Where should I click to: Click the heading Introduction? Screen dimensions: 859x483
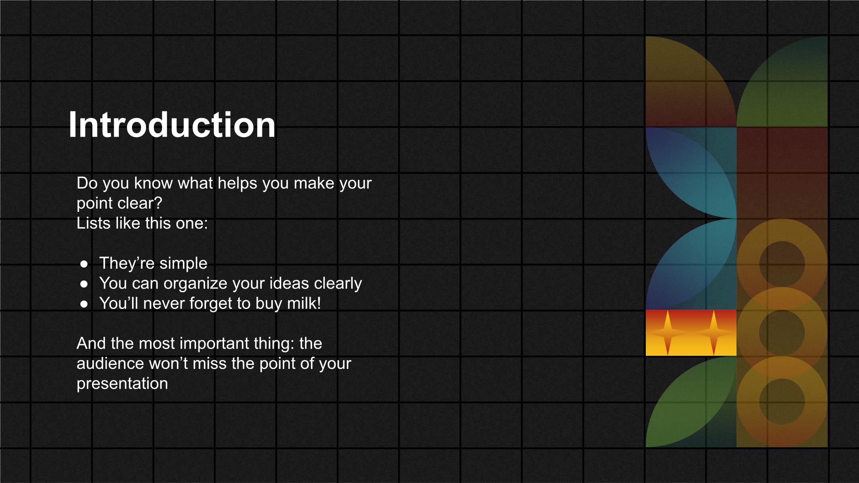172,125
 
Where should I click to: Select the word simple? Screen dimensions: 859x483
183,264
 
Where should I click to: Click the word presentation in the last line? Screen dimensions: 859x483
122,384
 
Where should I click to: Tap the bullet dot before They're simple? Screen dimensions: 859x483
84,264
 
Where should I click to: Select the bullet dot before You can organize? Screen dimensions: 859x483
84,284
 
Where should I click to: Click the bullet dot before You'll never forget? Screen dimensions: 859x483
84,304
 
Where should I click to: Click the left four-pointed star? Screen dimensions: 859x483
668,333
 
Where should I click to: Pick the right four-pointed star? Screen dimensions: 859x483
714,333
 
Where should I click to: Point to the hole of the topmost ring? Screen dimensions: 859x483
782,264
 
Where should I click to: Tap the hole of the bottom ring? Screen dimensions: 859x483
782,402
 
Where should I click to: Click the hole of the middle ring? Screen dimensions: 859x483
782,333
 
